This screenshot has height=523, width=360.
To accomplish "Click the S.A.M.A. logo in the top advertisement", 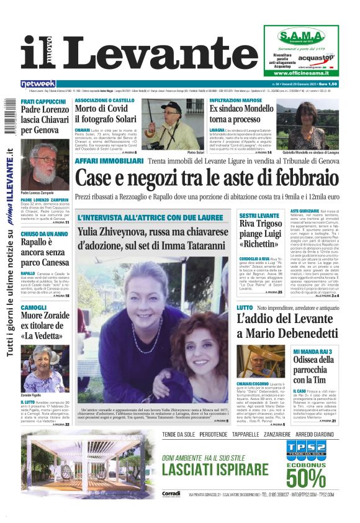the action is (x=301, y=36).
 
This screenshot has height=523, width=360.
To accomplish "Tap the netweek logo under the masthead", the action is (x=38, y=83).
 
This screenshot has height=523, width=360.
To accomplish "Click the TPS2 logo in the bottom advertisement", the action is (x=306, y=449).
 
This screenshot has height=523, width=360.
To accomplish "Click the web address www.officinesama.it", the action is (x=302, y=73).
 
